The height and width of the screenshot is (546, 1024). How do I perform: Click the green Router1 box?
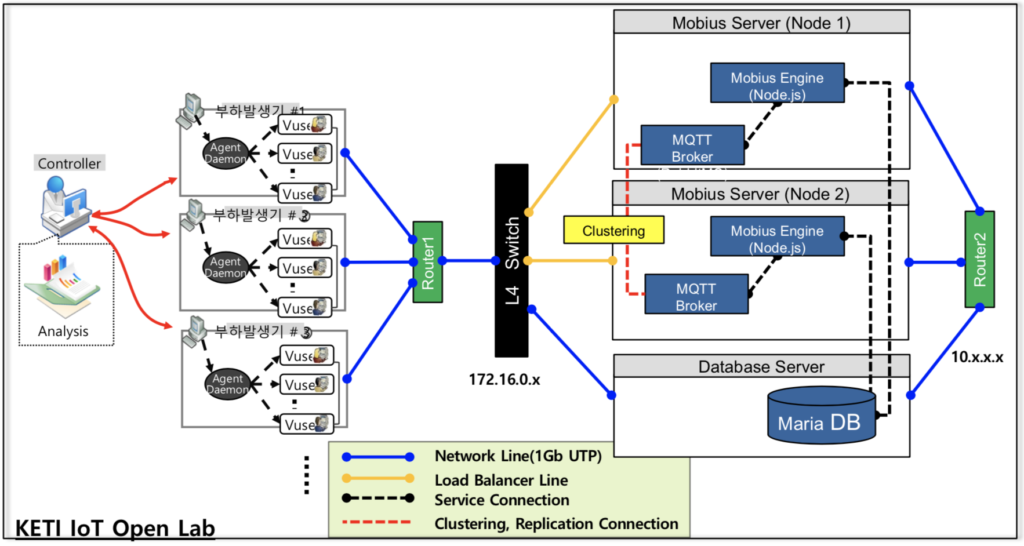coord(427,262)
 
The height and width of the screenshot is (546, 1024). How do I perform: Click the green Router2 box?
coord(979,259)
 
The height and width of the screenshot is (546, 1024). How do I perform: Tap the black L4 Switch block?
coord(511,260)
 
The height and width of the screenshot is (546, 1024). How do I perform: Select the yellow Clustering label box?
coord(613,230)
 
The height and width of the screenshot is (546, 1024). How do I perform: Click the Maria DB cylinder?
coord(820,416)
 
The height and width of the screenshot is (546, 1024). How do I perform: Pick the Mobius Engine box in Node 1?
coord(777,83)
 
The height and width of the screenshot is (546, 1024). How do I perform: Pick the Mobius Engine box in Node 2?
coord(777,236)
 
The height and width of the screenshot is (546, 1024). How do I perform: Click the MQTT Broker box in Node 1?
coord(692,145)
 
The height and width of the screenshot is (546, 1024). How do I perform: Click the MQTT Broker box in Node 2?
coord(696,294)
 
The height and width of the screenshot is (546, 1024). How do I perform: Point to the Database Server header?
coord(761,366)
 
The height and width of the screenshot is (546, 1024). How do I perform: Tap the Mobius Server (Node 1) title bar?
coord(761,23)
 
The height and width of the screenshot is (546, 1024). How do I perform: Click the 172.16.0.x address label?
coord(504,380)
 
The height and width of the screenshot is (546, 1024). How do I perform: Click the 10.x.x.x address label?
coord(976,357)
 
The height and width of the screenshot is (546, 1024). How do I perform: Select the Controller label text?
coord(69,163)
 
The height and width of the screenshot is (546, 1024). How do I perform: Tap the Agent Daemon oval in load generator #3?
coord(227,384)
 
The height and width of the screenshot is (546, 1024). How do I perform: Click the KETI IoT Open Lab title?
coord(115,528)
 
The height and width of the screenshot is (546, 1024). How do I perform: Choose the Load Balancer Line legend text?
coord(501,480)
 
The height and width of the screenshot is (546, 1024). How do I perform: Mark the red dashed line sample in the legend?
coord(376,522)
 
